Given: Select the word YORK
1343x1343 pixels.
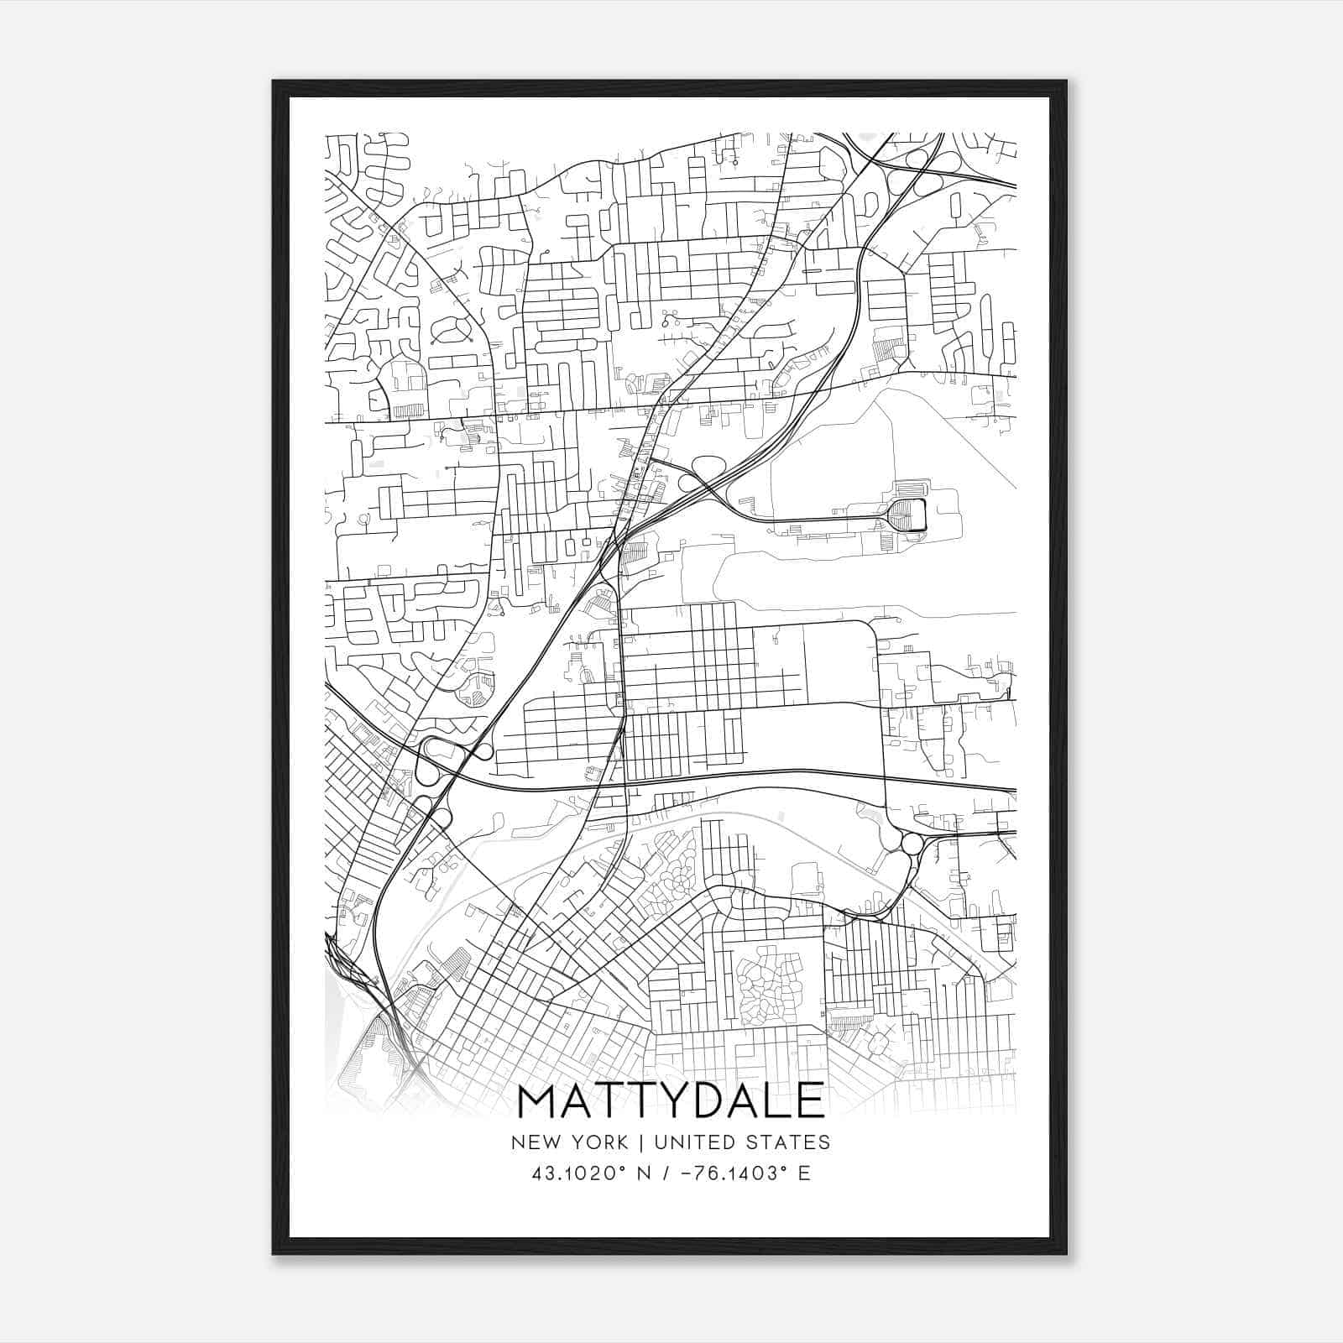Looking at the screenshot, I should tap(598, 1142).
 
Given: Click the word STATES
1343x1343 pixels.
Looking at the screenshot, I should tap(789, 1142).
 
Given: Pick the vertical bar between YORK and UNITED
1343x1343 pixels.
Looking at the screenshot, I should tap(640, 1142).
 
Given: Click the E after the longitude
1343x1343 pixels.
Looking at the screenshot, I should tap(805, 1173).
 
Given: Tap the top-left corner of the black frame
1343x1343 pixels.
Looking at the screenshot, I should tap(274, 82).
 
